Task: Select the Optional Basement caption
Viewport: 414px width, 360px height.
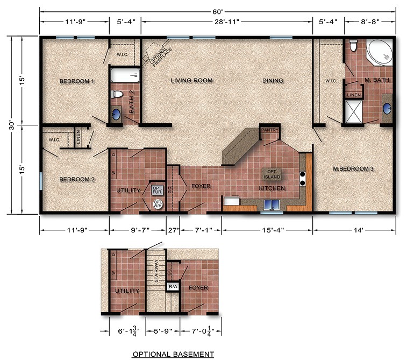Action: click(173, 354)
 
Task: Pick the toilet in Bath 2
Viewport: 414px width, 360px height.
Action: click(116, 94)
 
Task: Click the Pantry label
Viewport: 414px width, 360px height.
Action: click(268, 130)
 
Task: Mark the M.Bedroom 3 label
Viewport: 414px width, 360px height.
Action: click(353, 169)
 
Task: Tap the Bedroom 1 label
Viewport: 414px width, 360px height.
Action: click(77, 81)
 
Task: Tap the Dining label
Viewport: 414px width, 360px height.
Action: click(273, 81)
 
